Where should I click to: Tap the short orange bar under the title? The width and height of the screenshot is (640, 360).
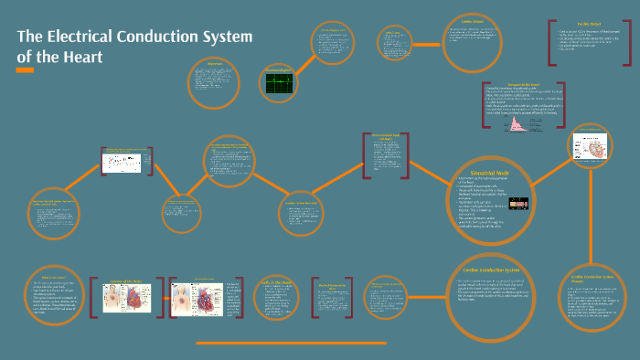coord(25,70)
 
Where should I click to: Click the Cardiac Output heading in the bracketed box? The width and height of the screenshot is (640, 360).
coord(585,25)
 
